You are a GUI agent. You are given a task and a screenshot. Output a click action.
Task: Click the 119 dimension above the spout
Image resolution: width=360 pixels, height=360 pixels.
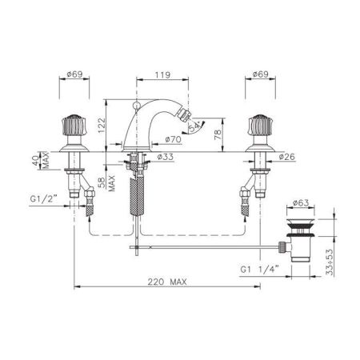162,75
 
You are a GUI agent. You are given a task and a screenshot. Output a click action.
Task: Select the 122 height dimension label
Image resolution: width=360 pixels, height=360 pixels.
102,126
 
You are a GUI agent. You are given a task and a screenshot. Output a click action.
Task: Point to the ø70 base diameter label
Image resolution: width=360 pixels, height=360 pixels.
173,139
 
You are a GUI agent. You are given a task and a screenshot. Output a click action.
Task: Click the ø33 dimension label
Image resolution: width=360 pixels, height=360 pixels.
166,157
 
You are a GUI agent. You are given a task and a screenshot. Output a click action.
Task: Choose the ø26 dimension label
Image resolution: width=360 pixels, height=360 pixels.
287,157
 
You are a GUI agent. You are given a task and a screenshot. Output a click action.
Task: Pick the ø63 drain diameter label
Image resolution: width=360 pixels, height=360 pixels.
301,203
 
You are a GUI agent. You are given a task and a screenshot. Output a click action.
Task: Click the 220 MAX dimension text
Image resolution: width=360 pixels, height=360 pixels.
167,282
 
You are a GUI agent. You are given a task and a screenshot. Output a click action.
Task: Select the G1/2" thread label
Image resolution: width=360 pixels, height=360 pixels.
44,199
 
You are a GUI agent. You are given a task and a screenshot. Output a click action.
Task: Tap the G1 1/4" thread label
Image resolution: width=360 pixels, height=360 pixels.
259,269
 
